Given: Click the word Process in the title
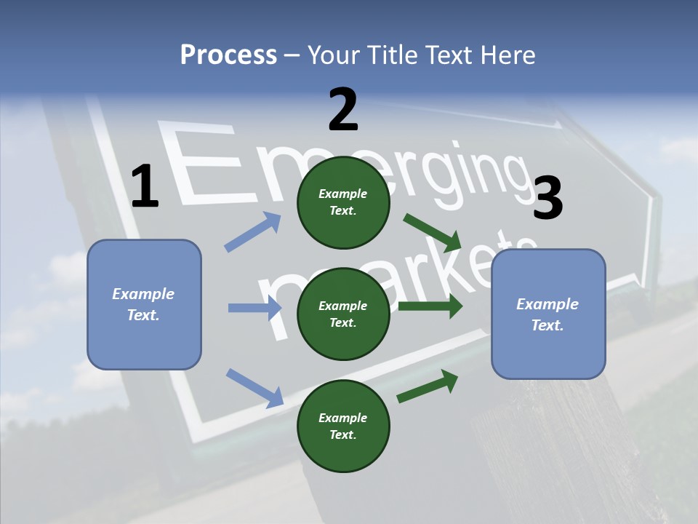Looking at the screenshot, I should [x=228, y=55].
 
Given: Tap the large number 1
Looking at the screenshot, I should [x=145, y=187].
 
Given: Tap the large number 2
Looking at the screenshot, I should [x=343, y=110].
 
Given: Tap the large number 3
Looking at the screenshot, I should [x=547, y=198].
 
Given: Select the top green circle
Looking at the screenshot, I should [x=343, y=202].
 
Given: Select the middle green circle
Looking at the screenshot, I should [x=343, y=314].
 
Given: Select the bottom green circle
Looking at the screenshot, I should [x=343, y=426].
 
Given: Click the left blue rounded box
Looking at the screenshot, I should [x=144, y=304].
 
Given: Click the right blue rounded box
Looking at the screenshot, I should [x=548, y=314].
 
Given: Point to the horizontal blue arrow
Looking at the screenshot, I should [x=254, y=308].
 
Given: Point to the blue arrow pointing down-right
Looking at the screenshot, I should [x=254, y=387].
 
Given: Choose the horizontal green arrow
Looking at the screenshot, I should [x=430, y=306].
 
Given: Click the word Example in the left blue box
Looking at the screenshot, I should [x=143, y=294].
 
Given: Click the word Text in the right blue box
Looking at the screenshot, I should [x=546, y=325].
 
